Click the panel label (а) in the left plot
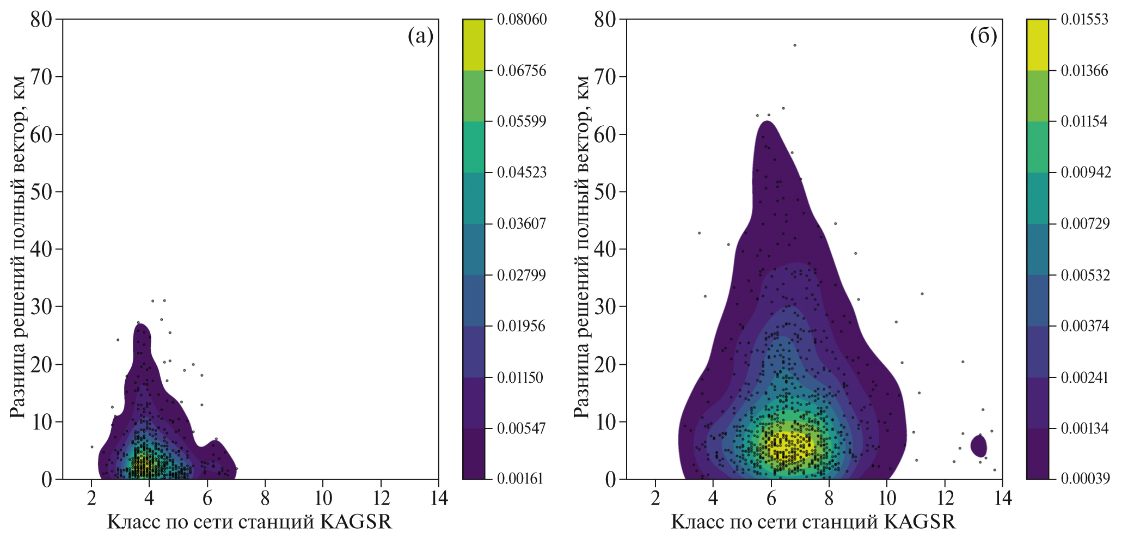[x=420, y=36]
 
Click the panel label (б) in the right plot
[x=983, y=36]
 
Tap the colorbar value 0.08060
[x=522, y=20]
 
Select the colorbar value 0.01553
[x=1084, y=20]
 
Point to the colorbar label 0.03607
[x=522, y=224]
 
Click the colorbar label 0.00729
[x=1085, y=224]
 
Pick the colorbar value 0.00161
[x=520, y=479]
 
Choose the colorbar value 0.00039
[x=1085, y=479]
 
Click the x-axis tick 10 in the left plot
[x=323, y=498]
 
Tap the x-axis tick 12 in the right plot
[x=945, y=498]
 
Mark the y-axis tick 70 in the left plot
[x=41, y=77]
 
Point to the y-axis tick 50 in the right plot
[x=605, y=192]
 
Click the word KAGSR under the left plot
[x=356, y=522]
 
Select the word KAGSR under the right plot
[x=920, y=522]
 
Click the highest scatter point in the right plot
[x=794, y=45]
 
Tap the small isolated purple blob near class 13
[x=978, y=446]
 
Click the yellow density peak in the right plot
[x=789, y=444]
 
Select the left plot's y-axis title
[x=17, y=248]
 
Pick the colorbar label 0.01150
[x=520, y=377]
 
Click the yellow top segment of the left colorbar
[x=473, y=45]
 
